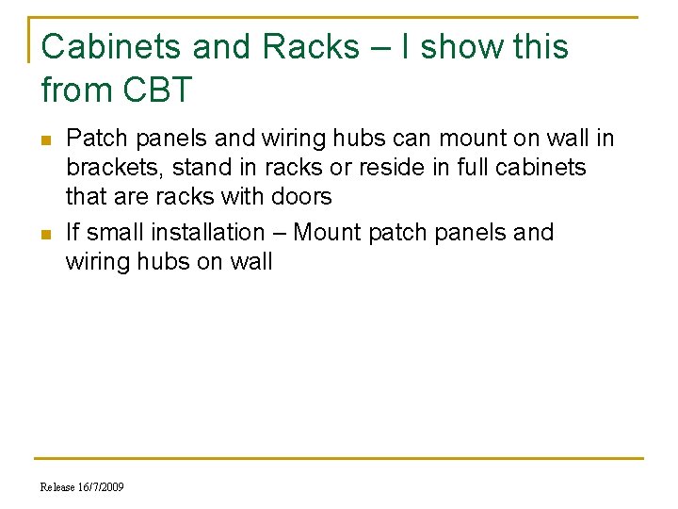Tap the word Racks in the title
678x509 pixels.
(303, 46)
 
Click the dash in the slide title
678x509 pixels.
(374, 47)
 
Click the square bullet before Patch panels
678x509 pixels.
(46, 140)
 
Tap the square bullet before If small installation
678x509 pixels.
(46, 233)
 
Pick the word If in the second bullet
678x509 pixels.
(72, 232)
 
